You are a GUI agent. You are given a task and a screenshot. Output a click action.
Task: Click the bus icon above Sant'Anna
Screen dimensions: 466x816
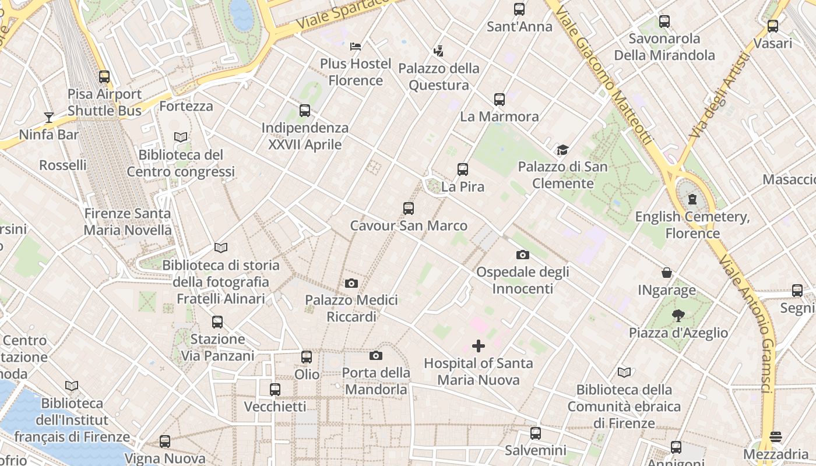click(519, 9)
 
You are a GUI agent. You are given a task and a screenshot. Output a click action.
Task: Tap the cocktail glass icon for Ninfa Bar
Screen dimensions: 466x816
click(49, 118)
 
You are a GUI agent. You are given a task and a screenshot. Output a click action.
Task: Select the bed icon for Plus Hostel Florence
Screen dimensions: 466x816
click(356, 46)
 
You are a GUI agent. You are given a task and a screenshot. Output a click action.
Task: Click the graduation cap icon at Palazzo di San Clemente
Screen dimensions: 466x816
click(562, 150)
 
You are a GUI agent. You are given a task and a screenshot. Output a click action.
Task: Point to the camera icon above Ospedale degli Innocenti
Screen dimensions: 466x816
click(523, 255)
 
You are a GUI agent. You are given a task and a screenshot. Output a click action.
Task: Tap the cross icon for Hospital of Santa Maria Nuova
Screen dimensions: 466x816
click(478, 346)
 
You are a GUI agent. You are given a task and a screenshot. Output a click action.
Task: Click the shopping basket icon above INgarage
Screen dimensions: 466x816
click(667, 273)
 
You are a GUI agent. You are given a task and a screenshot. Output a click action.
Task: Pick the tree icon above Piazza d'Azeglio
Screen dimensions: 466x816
click(678, 316)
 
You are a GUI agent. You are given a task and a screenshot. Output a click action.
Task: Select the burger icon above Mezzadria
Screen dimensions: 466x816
click(775, 437)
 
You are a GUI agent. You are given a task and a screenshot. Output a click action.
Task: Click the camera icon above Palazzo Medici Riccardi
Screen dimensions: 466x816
click(351, 283)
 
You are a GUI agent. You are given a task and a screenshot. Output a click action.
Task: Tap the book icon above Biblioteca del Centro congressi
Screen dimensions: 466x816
click(181, 137)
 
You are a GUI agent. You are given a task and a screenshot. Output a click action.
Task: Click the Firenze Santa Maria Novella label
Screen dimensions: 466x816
click(128, 222)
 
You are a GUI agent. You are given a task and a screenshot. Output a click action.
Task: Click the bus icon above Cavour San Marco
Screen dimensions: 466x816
click(409, 209)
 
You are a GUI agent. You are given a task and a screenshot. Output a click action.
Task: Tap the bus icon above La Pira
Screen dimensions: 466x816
click(463, 170)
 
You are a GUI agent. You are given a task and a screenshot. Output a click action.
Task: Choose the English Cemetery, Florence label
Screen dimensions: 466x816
click(692, 225)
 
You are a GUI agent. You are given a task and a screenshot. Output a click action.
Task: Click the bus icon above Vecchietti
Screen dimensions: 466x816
click(275, 390)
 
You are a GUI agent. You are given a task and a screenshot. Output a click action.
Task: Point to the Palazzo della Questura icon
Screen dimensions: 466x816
click(438, 51)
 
